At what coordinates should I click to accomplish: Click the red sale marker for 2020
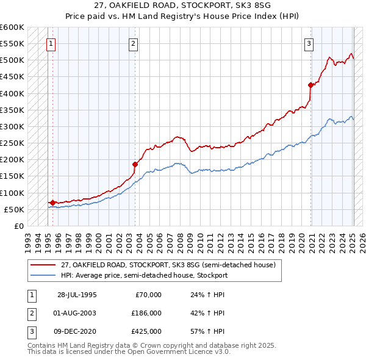(310, 85)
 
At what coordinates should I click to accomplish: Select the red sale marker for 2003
(135, 164)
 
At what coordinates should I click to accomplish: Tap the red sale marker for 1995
(52, 203)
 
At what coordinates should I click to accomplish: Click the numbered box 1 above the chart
(50, 43)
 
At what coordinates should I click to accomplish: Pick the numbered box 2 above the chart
(133, 43)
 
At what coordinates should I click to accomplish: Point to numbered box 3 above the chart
(309, 43)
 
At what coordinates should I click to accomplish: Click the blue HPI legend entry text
(144, 275)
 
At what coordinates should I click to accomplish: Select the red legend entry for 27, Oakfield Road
(168, 265)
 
